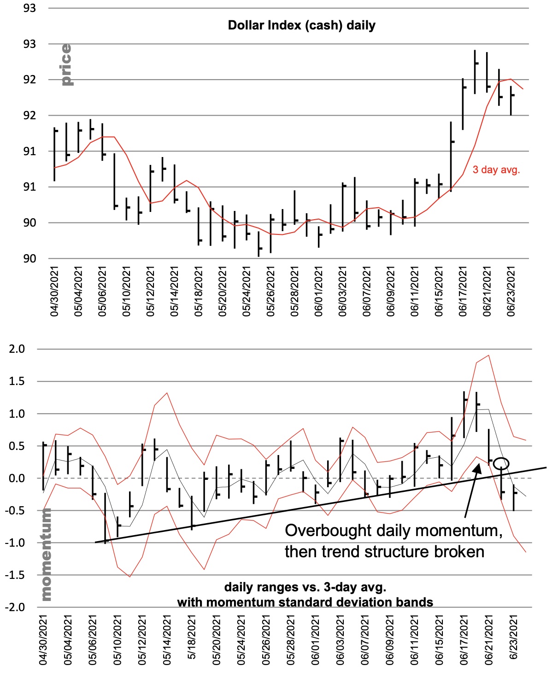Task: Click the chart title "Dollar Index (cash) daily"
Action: pos(301,25)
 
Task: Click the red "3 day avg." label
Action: pos(496,170)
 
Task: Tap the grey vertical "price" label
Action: pos(66,65)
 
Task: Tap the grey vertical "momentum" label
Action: pos(46,554)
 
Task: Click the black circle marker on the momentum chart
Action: pos(503,463)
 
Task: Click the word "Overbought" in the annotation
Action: pos(328,531)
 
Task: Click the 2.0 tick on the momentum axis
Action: pos(17,349)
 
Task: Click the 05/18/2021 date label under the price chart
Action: pos(199,292)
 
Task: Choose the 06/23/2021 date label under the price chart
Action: pos(511,292)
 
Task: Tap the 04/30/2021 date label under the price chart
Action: pos(54,292)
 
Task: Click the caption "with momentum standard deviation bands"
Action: pos(305,602)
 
